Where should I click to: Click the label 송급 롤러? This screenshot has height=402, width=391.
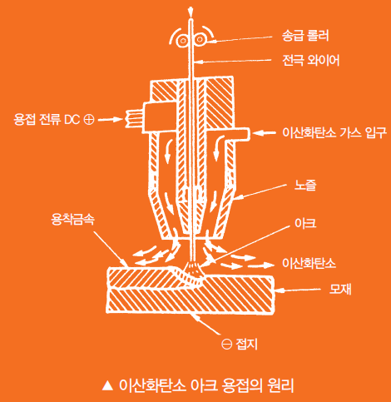click(x=305, y=36)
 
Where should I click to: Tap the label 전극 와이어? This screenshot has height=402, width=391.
click(x=311, y=60)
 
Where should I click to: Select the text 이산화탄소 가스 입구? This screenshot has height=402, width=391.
click(x=334, y=132)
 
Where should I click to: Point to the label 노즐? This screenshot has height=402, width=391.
click(x=305, y=185)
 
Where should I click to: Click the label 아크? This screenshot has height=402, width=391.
click(x=305, y=223)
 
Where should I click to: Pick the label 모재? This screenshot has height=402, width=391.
click(x=340, y=290)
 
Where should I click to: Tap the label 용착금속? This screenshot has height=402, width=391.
click(x=73, y=219)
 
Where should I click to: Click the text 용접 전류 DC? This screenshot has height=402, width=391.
click(x=47, y=120)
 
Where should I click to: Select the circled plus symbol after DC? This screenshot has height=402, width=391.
click(x=89, y=120)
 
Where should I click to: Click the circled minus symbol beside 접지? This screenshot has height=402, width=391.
click(x=226, y=345)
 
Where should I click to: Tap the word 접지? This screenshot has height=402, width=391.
click(x=246, y=345)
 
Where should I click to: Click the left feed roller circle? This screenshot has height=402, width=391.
click(x=183, y=41)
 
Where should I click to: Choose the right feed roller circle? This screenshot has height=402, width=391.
click(x=199, y=40)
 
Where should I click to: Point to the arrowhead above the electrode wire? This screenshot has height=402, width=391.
click(x=191, y=11)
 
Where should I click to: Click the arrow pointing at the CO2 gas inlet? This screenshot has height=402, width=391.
click(x=264, y=133)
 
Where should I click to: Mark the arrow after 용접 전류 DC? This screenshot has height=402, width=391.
click(x=110, y=120)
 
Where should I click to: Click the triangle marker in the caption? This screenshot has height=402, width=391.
click(x=107, y=385)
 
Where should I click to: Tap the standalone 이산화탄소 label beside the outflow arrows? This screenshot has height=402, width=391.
click(x=309, y=263)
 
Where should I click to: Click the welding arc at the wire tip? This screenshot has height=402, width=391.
click(x=194, y=269)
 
